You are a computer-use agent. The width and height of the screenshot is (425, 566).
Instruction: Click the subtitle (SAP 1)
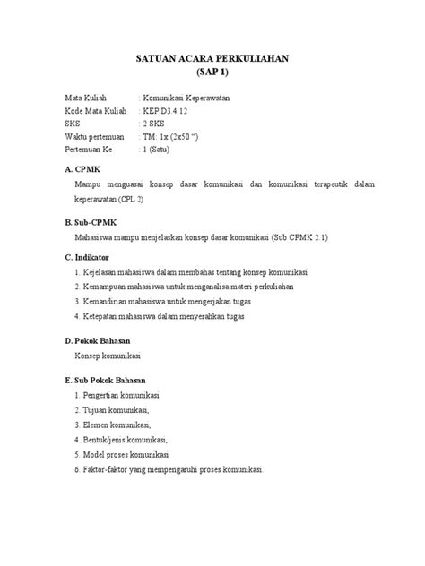[212, 73]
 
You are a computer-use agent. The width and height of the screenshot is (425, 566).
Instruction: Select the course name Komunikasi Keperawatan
[186, 97]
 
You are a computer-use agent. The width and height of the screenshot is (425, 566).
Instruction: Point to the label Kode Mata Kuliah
[97, 109]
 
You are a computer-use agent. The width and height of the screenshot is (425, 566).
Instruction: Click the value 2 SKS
[156, 123]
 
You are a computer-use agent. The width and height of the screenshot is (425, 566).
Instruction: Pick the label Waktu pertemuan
[97, 136]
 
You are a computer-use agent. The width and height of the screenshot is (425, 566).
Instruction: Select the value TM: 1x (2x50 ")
[174, 136]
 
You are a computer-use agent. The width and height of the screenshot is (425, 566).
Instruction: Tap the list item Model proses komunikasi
[127, 454]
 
